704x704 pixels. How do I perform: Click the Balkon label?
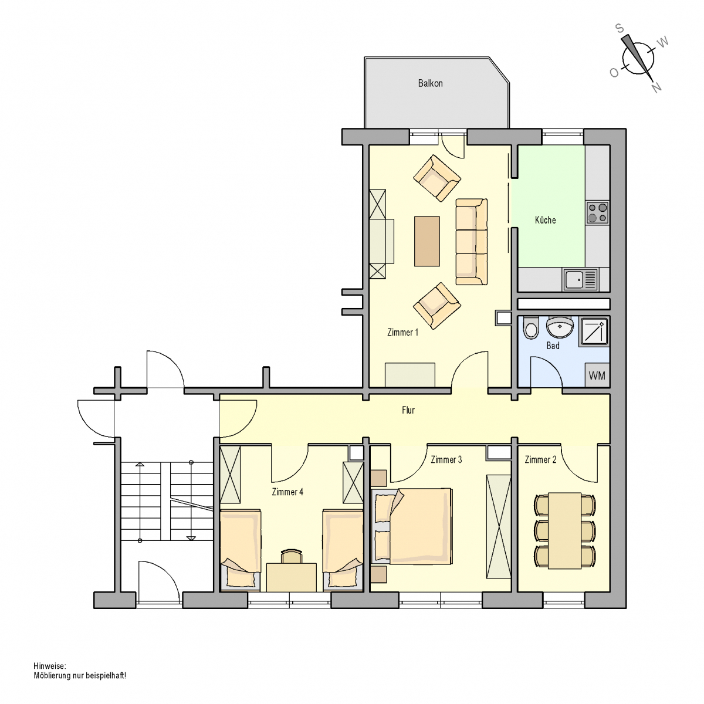[430, 83]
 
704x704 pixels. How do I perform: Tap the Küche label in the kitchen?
[545, 220]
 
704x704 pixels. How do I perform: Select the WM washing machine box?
[597, 375]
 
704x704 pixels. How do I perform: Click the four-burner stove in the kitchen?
[597, 213]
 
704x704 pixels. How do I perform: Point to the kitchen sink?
[580, 279]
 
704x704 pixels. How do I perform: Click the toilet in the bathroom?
[531, 327]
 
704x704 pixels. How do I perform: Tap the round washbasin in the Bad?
[559, 327]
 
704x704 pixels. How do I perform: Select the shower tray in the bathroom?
[594, 331]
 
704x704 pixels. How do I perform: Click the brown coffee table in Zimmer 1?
[427, 241]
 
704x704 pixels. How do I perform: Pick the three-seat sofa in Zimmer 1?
[471, 242]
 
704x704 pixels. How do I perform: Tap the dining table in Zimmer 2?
[564, 530]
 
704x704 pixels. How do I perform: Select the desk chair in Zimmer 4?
[292, 556]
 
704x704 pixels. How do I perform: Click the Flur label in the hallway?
[408, 410]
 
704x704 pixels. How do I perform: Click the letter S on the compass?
[620, 29]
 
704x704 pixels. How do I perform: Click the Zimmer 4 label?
[287, 492]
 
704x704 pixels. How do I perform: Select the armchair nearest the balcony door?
[437, 178]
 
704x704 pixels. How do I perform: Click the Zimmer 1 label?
[402, 332]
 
